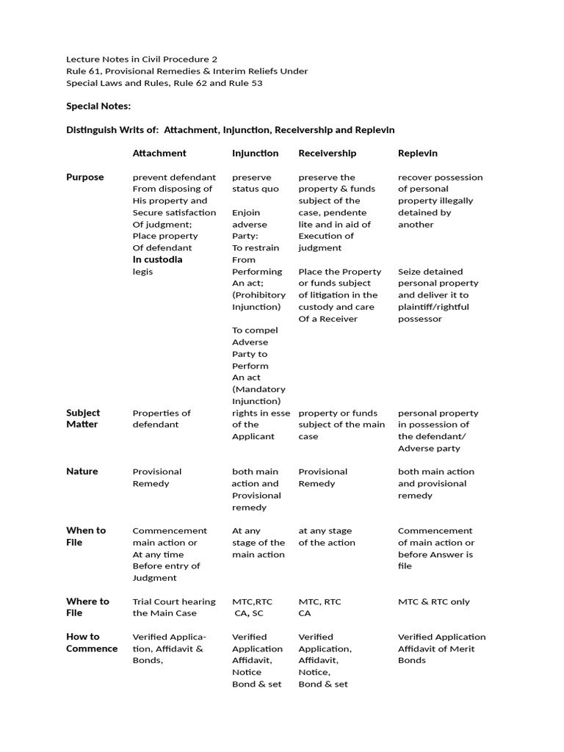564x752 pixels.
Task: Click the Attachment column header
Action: (x=159, y=153)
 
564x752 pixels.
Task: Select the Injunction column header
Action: (x=255, y=153)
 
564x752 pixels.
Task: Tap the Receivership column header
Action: (x=327, y=153)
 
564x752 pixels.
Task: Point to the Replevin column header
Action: (x=417, y=153)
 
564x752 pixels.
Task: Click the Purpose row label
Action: (x=85, y=177)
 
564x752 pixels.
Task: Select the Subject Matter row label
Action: (x=83, y=419)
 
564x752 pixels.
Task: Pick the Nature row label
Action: (x=82, y=471)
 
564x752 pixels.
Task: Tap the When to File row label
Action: (x=86, y=536)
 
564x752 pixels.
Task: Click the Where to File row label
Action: (x=87, y=607)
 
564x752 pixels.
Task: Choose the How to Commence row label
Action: (x=92, y=643)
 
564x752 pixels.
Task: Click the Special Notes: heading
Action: (x=98, y=106)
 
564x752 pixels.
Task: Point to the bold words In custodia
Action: (x=157, y=259)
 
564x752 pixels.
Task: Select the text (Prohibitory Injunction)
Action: (x=258, y=301)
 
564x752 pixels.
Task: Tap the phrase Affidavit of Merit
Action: (x=436, y=648)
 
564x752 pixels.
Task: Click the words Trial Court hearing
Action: (x=174, y=601)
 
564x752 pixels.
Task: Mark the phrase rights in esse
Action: (x=261, y=413)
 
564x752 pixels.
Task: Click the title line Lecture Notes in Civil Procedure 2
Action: (x=142, y=59)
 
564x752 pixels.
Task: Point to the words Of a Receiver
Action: (x=328, y=319)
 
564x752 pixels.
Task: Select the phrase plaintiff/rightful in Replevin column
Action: (x=433, y=307)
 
